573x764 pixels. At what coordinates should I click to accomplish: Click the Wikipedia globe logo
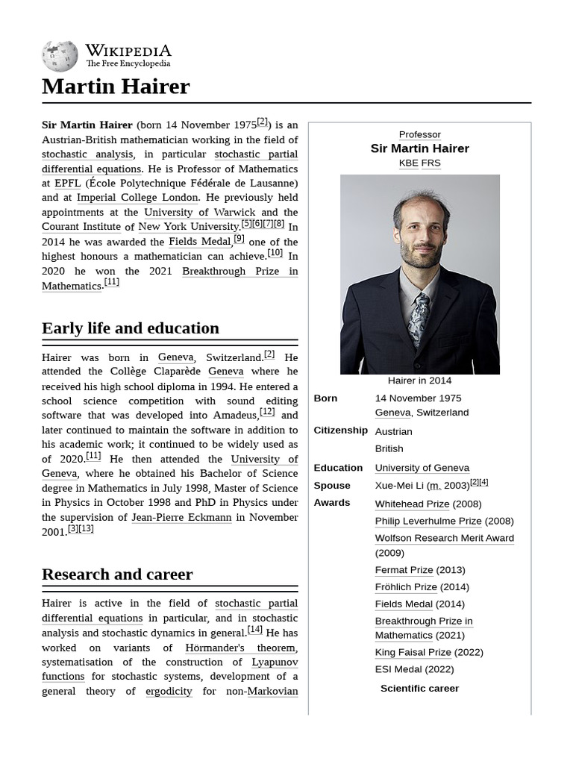60,56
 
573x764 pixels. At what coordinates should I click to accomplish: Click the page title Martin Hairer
116,87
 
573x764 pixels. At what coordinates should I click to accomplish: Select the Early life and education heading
131,328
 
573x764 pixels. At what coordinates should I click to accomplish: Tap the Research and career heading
117,574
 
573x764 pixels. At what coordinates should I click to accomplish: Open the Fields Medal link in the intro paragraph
200,242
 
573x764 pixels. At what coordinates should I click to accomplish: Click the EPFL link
67,183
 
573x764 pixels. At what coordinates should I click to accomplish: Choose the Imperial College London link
137,198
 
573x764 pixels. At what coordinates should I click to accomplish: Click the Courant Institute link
81,227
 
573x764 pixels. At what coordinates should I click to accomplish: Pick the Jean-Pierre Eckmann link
181,517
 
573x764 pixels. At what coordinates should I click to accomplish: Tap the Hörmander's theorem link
240,648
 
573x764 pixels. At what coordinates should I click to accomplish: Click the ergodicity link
169,691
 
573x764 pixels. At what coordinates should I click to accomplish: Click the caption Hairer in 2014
419,381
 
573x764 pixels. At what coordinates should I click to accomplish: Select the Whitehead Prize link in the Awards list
412,504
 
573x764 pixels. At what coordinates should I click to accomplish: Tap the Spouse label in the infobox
332,485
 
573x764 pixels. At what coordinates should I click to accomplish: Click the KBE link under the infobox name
408,163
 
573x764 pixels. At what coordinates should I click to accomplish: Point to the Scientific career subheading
419,688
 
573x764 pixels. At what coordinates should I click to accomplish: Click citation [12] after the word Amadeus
267,412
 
